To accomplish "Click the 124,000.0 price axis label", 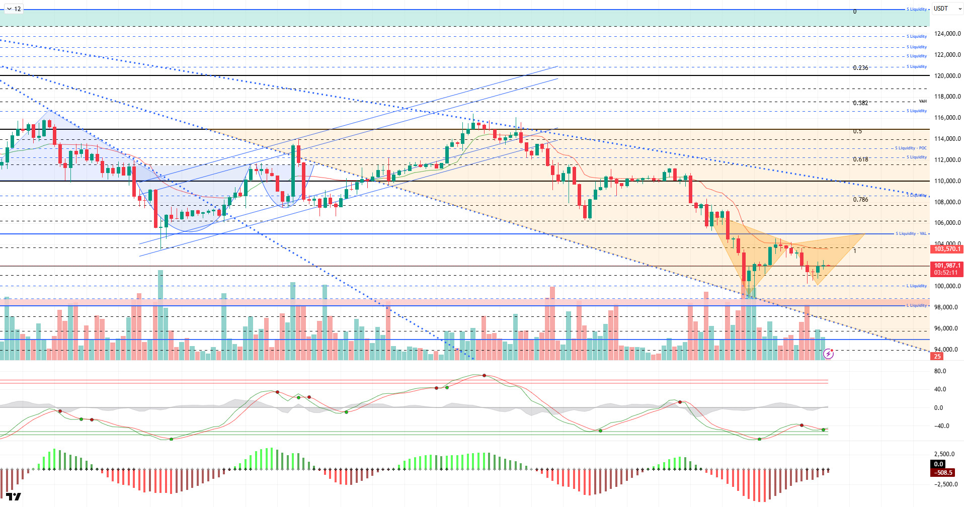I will pos(947,34).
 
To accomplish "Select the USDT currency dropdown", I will pos(947,9).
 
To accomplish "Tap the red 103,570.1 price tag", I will pos(947,249).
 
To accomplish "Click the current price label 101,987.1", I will pos(947,266).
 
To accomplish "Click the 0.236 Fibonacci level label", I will pos(860,68).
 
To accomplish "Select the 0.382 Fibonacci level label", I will pos(860,103).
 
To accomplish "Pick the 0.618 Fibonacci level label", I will pos(860,159).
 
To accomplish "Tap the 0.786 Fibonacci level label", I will pos(860,200).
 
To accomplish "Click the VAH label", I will pos(923,101).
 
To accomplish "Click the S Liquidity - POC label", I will pos(911,148).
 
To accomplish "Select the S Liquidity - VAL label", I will pos(911,233).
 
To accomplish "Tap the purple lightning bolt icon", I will pos(828,354).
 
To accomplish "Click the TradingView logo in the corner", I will pos(14,496).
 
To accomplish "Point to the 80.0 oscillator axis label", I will pos(940,371).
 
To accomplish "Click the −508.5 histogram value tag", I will pos(943,473).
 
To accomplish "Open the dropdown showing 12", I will pos(14,9).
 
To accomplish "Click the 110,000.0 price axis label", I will pos(947,181).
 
